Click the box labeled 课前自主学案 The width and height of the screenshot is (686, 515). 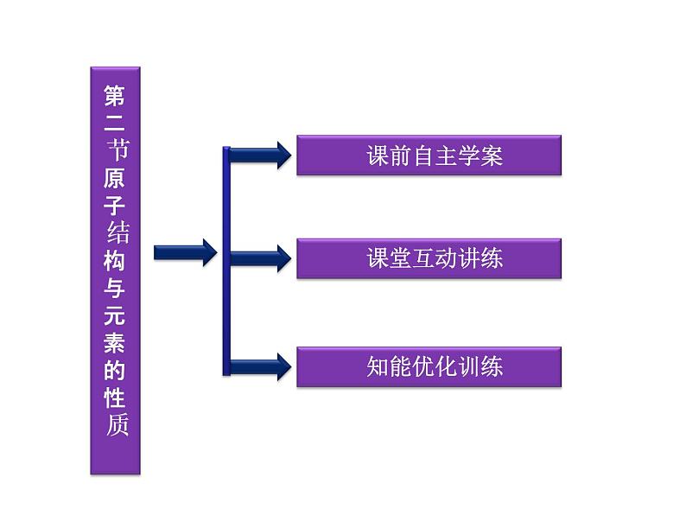429,156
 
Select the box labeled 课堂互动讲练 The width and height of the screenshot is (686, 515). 429,258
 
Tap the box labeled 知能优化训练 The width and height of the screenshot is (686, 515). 429,366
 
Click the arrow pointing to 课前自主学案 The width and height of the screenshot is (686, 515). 260,156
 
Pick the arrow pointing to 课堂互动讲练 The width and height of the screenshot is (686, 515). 260,258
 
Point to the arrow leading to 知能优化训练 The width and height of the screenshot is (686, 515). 260,366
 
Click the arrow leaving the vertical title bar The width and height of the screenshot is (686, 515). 186,252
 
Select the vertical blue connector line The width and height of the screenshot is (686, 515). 226,261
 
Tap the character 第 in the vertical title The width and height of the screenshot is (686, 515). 115,96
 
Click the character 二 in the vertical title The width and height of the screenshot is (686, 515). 115,124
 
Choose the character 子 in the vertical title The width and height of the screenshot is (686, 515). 115,205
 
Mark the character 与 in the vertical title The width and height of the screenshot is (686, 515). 115,288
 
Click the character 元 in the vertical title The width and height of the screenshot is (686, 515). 115,315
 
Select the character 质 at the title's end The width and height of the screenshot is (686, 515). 117,425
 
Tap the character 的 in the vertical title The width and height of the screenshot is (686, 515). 115,370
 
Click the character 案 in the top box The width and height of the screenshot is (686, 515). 492,156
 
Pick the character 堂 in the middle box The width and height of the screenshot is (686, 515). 401,258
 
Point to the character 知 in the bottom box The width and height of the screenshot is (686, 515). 378,366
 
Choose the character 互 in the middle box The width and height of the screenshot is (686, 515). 423,258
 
